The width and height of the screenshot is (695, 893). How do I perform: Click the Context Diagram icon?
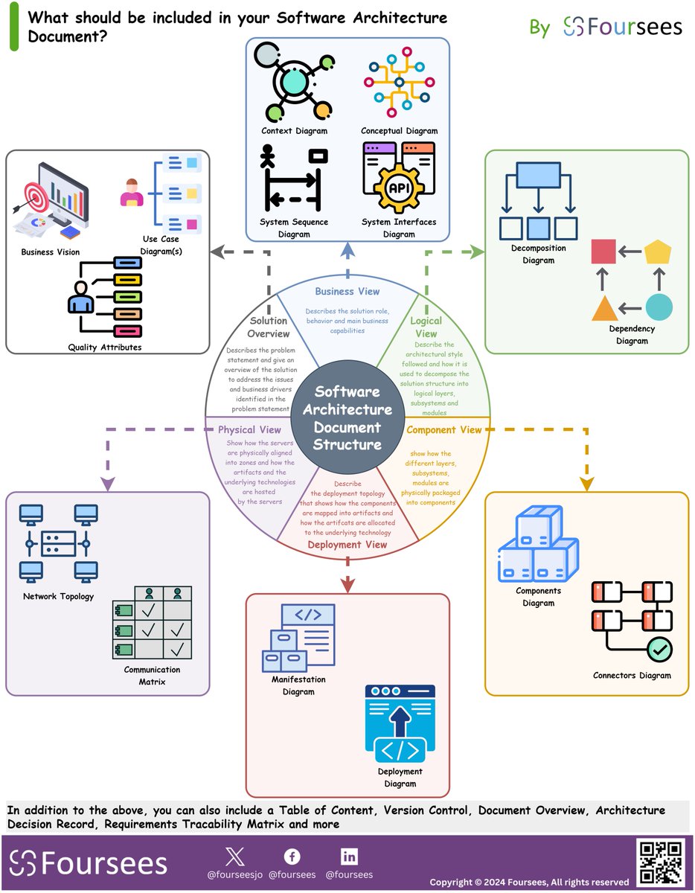tap(292, 82)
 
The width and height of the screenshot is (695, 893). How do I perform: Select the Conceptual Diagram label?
tap(399, 131)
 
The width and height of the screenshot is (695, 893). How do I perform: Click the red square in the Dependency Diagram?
tap(602, 252)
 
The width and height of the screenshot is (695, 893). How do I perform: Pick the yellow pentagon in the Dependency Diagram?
tap(659, 252)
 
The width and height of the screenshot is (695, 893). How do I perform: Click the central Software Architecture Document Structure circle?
tap(347, 417)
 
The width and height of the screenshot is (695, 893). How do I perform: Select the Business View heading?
tap(347, 292)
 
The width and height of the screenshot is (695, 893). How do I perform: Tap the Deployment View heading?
tap(347, 545)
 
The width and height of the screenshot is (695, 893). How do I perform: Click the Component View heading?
tap(444, 430)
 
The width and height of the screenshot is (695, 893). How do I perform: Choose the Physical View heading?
tap(249, 430)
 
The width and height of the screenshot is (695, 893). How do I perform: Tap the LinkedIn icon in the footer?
tap(349, 856)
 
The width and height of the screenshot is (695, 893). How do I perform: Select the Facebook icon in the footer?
tap(292, 856)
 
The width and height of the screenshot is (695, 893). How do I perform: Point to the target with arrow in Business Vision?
tap(32, 198)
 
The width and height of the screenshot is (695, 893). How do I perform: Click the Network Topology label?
tap(58, 596)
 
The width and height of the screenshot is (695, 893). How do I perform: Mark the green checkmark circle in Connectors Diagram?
tap(659, 650)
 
